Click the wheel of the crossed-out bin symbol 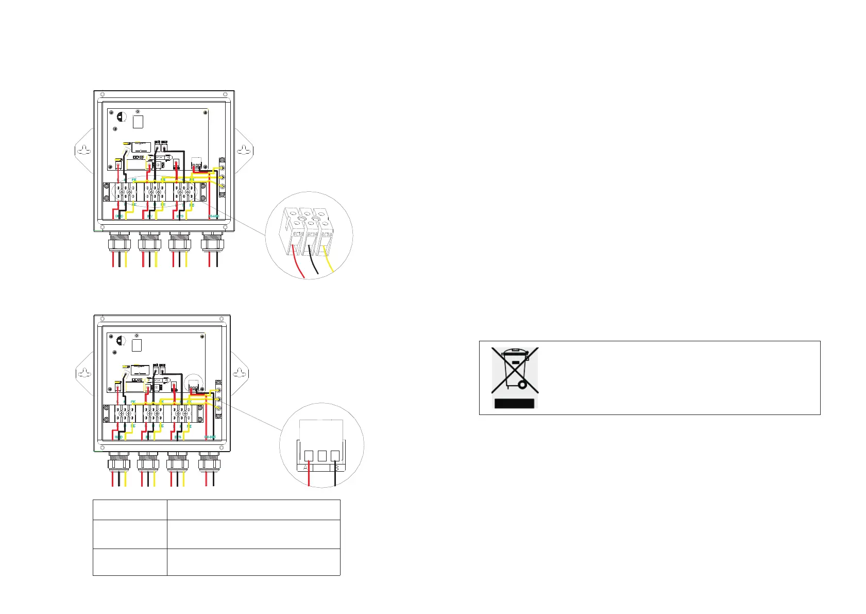click(522, 385)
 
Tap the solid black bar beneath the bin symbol click(514, 403)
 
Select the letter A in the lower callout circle click(306, 468)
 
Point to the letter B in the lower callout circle click(336, 468)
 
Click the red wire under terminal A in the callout click(309, 477)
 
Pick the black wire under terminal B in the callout click(335, 477)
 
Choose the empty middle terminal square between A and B click(322, 456)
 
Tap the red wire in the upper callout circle click(298, 263)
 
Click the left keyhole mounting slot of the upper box click(84, 151)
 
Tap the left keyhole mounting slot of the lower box click(84, 372)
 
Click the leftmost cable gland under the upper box click(119, 242)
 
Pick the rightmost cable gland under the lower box click(209, 462)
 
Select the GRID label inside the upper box click(119, 217)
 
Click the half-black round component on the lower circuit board click(120, 341)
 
